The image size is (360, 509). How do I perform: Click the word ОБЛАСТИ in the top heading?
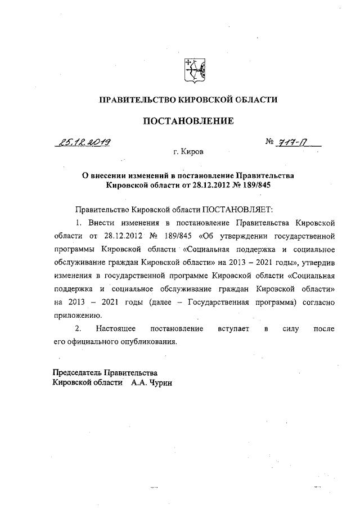pos(255,100)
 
